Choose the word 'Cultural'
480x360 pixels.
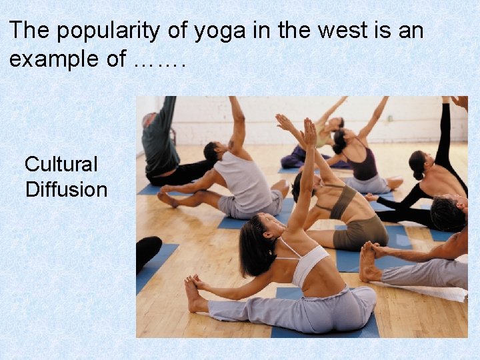[x=61, y=164]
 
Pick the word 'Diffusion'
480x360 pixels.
[x=66, y=189]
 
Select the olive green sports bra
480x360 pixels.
[x=345, y=201]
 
